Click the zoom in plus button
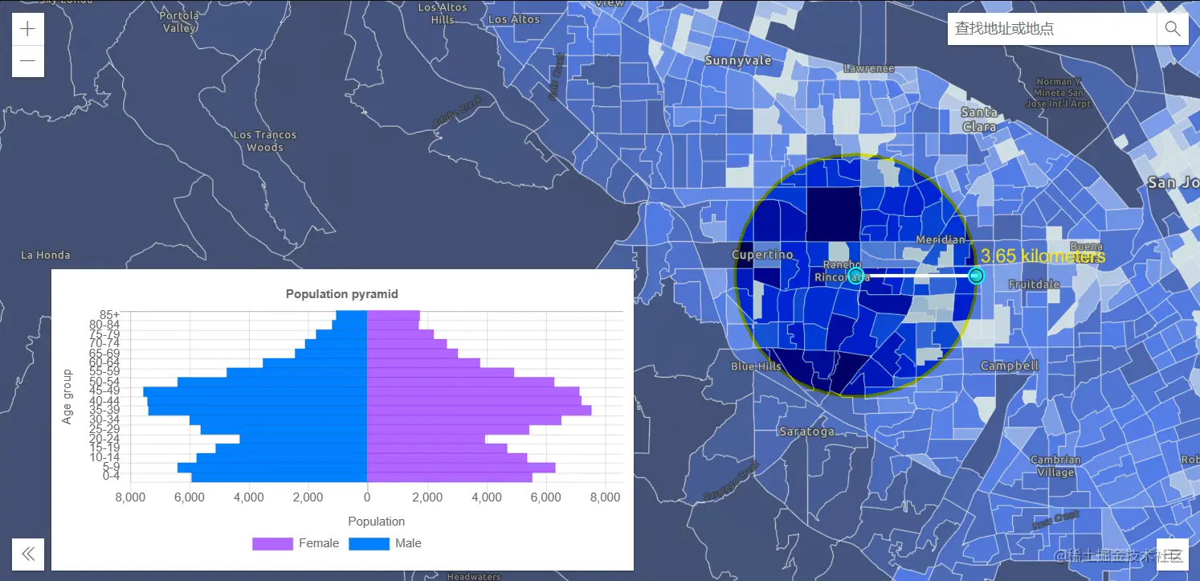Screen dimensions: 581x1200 28,29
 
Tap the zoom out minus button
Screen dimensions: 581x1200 28,61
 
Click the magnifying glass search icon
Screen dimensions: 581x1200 1172,29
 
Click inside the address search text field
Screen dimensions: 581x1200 1051,29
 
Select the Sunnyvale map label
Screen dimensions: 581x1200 737,60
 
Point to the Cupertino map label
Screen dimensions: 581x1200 762,255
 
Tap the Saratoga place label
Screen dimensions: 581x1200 806,432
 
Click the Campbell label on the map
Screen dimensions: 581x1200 1010,366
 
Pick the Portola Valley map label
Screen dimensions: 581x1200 179,22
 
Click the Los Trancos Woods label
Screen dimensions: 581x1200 265,141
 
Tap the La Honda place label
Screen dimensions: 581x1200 46,255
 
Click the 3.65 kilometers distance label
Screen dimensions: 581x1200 1043,256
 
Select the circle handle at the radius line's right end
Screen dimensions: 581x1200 976,276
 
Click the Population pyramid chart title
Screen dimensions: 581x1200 341,294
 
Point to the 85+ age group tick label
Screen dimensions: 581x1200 110,314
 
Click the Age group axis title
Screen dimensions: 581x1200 67,396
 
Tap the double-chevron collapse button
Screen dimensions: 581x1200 28,554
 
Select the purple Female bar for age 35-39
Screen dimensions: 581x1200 479,411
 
